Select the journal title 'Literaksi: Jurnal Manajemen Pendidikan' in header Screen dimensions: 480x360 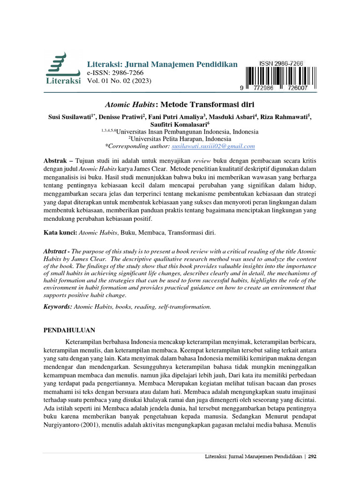point(162,64)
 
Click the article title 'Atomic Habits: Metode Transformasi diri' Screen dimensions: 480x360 point(180,104)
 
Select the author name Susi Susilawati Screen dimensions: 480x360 point(70,117)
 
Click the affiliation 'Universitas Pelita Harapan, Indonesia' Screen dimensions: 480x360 point(180,139)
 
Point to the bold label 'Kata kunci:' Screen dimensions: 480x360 point(60,232)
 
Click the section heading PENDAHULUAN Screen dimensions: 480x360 point(69,330)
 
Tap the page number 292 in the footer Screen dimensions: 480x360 point(313,456)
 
